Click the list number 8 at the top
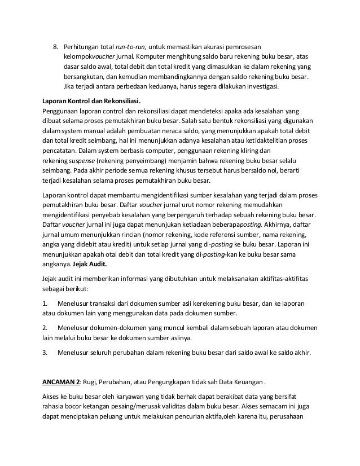click(55, 46)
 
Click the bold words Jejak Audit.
click(90, 263)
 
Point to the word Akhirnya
click(273, 223)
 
